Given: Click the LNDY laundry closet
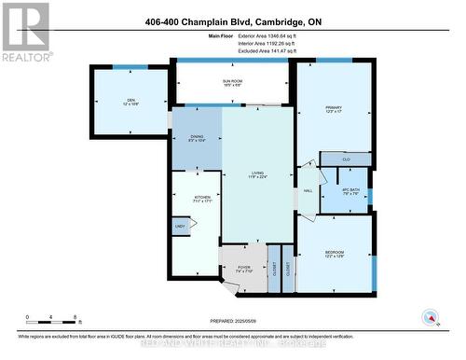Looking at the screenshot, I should point(180,226).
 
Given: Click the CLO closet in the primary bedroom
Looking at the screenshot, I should point(345,159).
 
